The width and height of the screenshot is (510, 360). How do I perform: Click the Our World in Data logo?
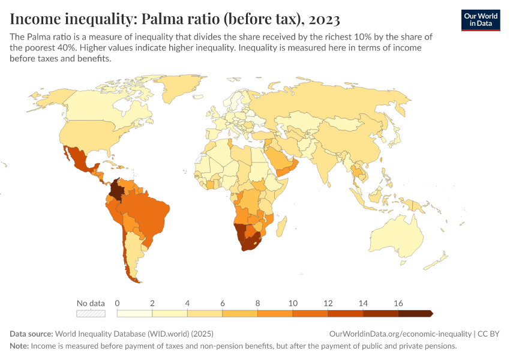pyautogui.click(x=480, y=19)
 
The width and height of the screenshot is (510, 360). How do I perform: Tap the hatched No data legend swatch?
pyautogui.click(x=91, y=313)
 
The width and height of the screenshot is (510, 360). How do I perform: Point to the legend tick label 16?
pyautogui.click(x=398, y=303)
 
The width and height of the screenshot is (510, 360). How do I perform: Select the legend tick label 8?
pyautogui.click(x=257, y=303)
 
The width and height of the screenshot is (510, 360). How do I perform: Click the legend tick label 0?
pyautogui.click(x=118, y=303)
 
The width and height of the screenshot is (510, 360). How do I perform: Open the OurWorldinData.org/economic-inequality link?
pyautogui.click(x=400, y=334)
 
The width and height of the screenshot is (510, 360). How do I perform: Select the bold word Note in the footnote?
pyautogui.click(x=19, y=346)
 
